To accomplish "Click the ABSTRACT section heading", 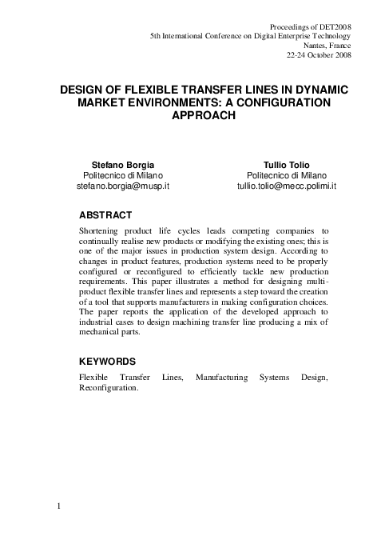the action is tap(105, 215).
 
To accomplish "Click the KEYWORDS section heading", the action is tap(109, 361).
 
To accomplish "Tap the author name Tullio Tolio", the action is tap(291, 163).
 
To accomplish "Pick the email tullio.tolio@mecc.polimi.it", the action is tap(286, 186).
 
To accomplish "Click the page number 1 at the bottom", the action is tap(59, 506).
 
